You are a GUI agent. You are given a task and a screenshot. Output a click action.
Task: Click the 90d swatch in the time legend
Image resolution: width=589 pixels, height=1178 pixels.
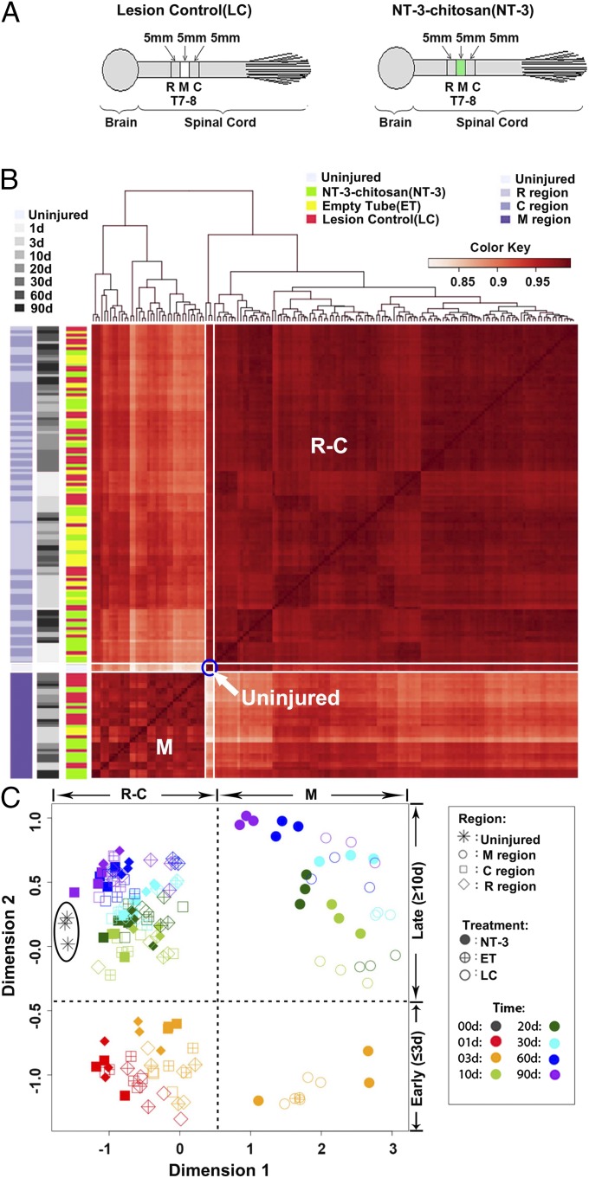(21, 309)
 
